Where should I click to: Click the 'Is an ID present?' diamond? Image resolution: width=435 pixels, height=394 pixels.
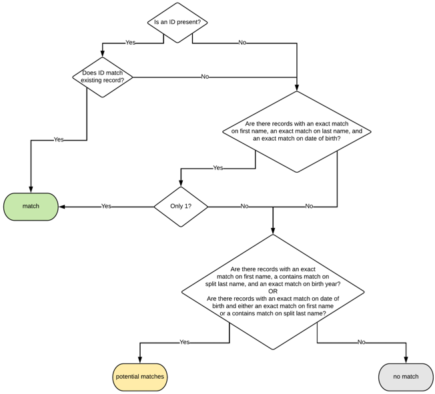pos(177,23)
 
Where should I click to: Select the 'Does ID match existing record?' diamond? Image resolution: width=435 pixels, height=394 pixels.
pos(103,77)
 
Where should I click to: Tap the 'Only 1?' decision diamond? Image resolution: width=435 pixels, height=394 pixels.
pos(181,207)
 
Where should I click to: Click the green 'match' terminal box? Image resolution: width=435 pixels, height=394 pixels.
pos(31,207)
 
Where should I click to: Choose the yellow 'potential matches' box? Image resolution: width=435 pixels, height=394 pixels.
pos(139,377)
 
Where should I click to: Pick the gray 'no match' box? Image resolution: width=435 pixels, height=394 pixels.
pos(406,377)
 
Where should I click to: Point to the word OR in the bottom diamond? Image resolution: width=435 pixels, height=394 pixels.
pos(273,291)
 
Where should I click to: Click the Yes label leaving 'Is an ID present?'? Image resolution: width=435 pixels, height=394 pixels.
pos(130,43)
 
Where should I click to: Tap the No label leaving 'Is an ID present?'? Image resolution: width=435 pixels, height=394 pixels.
pos(242,43)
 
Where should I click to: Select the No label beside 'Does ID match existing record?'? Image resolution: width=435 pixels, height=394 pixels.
pos(205,77)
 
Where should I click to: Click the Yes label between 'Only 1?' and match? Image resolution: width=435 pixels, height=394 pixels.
pos(106,207)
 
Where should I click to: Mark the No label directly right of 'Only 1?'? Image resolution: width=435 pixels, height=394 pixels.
pos(244,207)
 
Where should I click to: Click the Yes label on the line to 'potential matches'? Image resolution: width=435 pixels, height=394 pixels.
pos(184,343)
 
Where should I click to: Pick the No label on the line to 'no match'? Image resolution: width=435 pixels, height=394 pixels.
pos(361,343)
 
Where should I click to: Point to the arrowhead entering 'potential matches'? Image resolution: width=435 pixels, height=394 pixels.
pos(139,359)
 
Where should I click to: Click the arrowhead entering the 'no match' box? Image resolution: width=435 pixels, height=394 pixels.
pos(406,359)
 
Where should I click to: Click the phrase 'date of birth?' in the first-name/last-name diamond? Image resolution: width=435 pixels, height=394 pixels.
pos(320,139)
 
